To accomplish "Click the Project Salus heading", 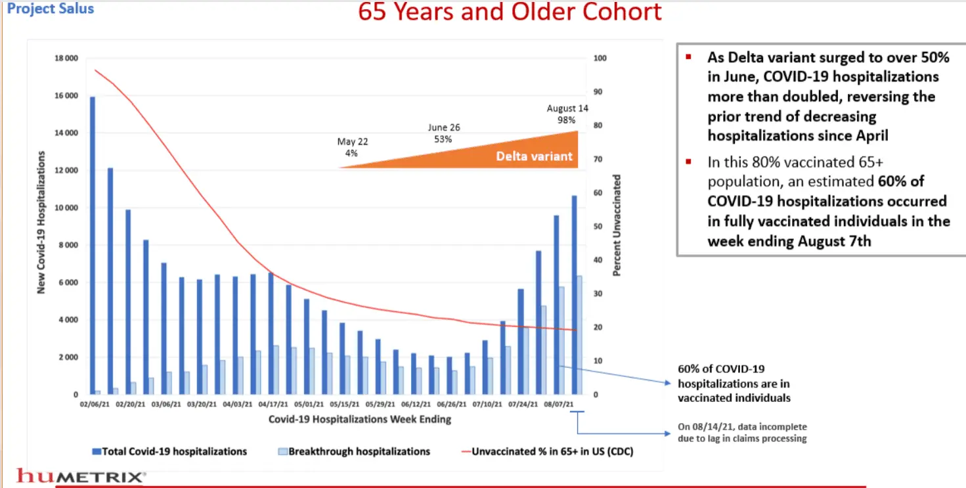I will (51, 9).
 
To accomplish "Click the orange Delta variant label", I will (534, 156).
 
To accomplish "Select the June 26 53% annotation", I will (443, 133).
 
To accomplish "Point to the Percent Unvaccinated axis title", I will (617, 225).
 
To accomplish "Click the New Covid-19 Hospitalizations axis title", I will (41, 222).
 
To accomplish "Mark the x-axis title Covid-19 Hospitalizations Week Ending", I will (359, 418).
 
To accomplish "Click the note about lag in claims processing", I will (742, 432).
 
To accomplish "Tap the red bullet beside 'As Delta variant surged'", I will (688, 56).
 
